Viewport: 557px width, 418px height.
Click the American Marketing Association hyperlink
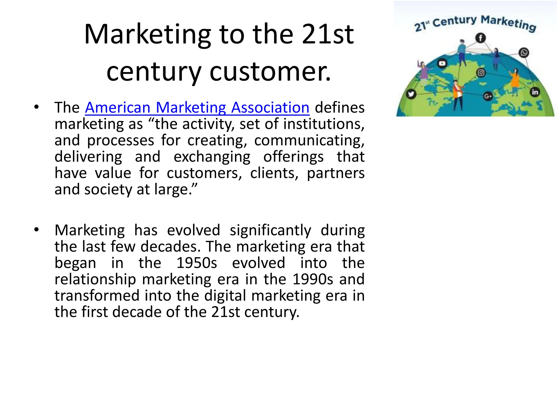(x=197, y=108)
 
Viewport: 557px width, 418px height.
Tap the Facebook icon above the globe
(x=481, y=38)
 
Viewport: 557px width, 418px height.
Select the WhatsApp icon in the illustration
(x=524, y=53)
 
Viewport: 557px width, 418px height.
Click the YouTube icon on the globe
(x=442, y=64)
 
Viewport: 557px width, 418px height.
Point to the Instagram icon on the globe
(x=481, y=73)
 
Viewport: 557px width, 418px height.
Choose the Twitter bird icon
(x=411, y=94)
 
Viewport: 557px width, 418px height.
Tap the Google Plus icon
(x=488, y=96)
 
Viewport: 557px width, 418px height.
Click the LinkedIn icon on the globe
(x=535, y=92)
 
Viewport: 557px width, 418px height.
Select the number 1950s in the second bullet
(x=197, y=263)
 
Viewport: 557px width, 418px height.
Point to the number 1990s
(x=313, y=279)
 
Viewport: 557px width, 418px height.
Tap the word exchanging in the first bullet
(x=212, y=157)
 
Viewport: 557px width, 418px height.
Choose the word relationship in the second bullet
(x=95, y=279)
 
